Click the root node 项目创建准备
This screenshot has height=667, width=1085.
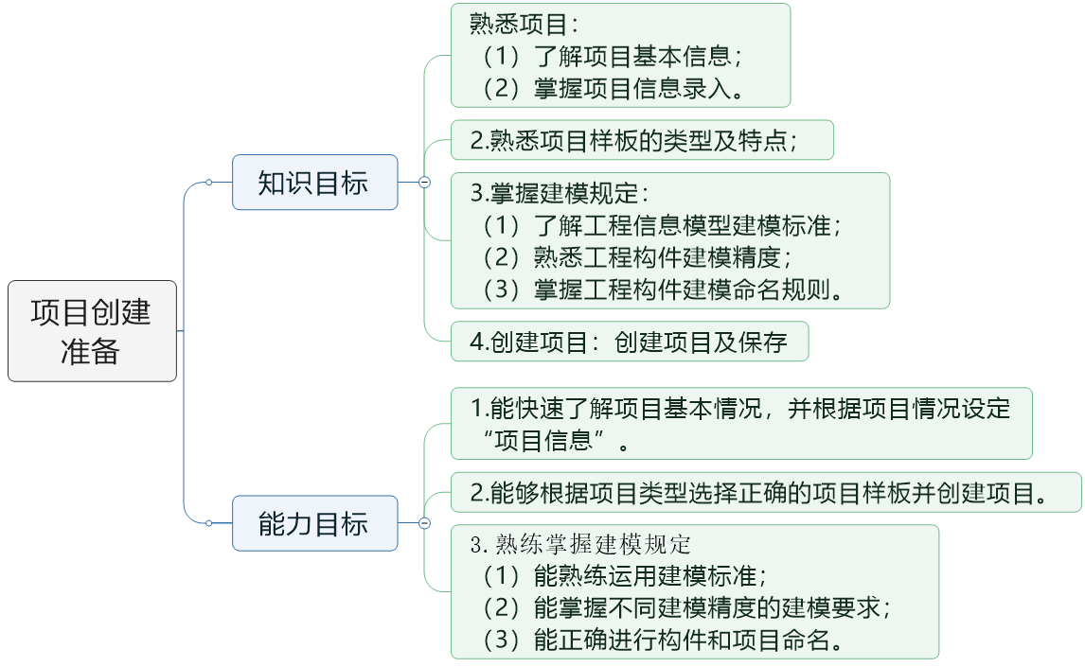[x=92, y=331]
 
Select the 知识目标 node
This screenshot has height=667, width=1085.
[x=314, y=183]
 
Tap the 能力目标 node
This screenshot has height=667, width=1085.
[x=314, y=523]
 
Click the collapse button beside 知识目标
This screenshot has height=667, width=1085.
[x=424, y=183]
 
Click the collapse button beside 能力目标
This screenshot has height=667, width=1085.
[x=424, y=523]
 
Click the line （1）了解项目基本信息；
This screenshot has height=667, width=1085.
[x=612, y=56]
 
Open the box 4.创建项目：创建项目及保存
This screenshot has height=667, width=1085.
[x=629, y=342]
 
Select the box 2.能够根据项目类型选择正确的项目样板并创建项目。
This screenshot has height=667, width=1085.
[x=765, y=493]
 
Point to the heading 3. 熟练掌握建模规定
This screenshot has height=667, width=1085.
[x=581, y=544]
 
